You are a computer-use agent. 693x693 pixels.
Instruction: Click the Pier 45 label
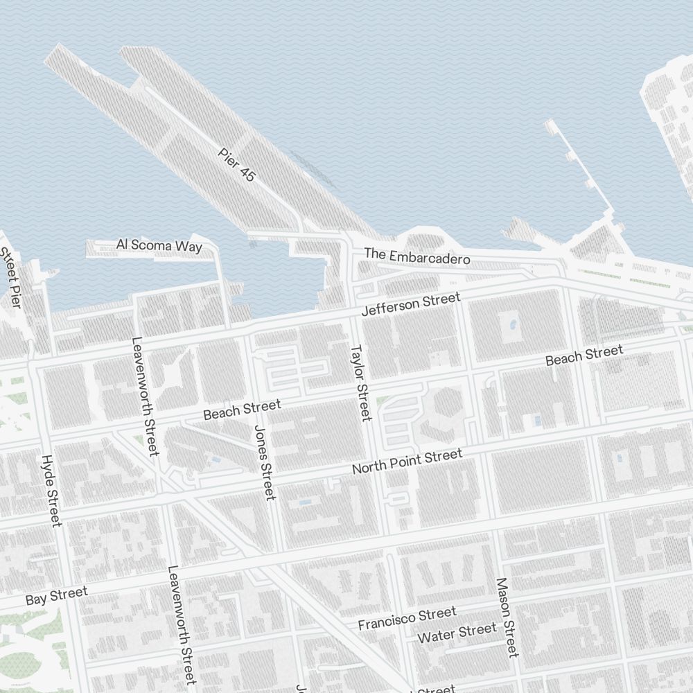(x=236, y=165)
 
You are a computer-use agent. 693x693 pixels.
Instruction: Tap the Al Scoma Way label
(x=159, y=246)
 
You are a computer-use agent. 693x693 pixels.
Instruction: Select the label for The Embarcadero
(x=417, y=256)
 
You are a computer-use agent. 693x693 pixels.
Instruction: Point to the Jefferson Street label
(x=411, y=305)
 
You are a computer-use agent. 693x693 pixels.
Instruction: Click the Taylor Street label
(x=362, y=382)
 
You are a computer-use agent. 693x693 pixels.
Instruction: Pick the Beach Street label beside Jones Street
(x=242, y=410)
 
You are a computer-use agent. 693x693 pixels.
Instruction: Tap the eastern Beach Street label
(x=584, y=356)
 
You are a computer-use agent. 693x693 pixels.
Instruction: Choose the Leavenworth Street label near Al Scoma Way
(x=145, y=396)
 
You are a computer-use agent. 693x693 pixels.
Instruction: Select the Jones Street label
(x=265, y=462)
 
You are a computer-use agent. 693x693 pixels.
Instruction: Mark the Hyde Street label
(x=52, y=490)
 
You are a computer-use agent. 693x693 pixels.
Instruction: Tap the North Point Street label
(x=407, y=462)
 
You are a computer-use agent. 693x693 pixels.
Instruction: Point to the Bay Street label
(x=57, y=595)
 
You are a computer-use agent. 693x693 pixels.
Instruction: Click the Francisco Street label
(x=407, y=618)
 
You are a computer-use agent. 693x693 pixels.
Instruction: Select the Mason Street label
(x=507, y=617)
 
